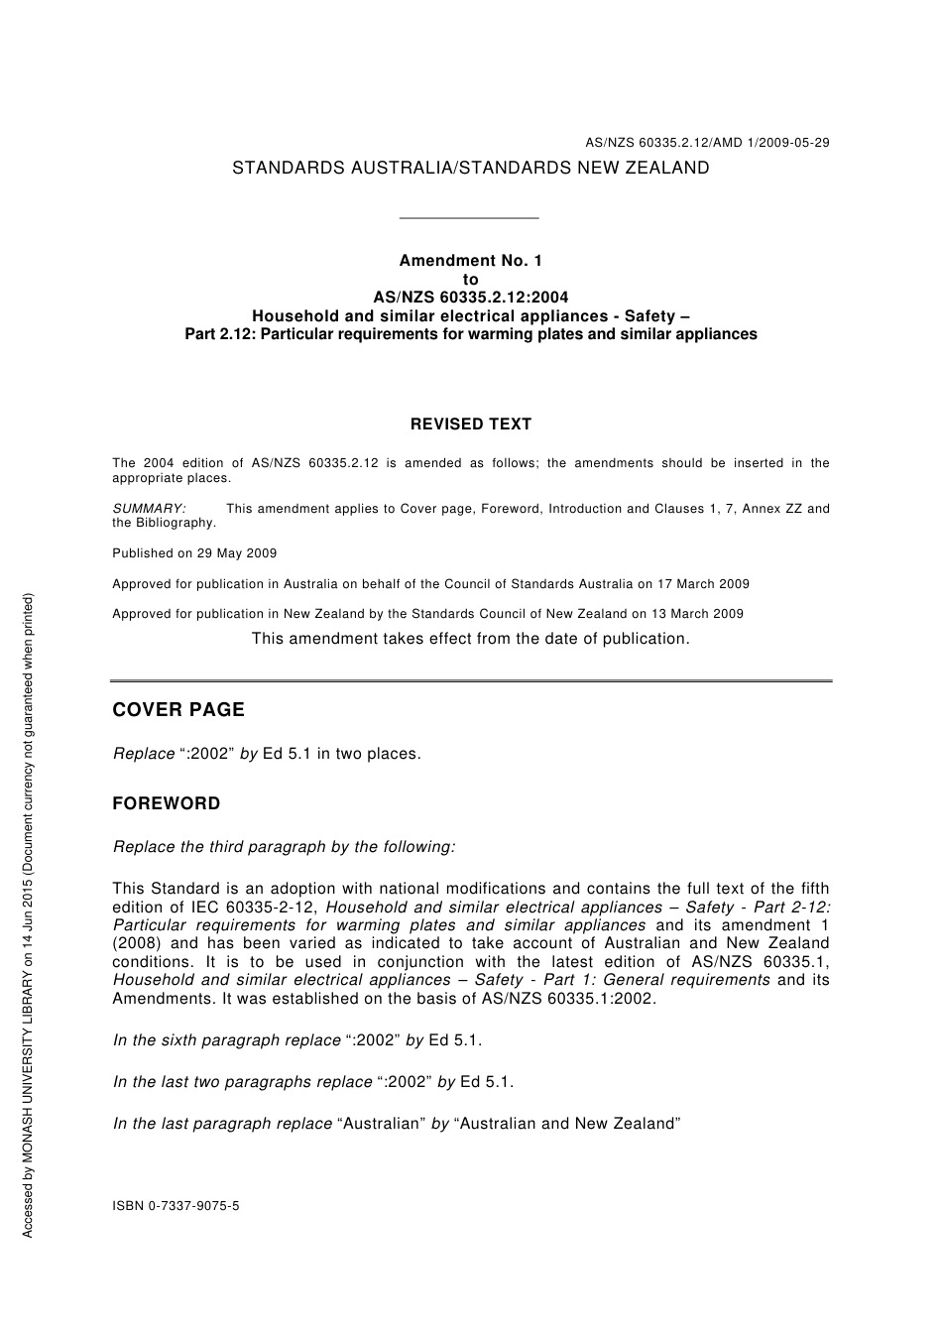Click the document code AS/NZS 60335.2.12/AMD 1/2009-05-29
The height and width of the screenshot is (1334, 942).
pos(706,143)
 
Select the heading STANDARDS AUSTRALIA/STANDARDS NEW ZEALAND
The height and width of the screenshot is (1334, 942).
pos(470,169)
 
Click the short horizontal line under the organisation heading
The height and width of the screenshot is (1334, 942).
pos(468,218)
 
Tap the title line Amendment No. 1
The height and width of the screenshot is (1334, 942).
pos(470,261)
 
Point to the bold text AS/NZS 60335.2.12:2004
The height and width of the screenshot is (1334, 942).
pos(470,298)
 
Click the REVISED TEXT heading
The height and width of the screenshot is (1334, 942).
pos(470,424)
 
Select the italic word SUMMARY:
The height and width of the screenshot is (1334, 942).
pos(149,509)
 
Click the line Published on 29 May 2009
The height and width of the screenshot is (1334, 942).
pos(194,553)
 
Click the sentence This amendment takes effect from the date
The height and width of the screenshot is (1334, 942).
pos(470,639)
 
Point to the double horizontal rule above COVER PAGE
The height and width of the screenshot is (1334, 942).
pos(470,681)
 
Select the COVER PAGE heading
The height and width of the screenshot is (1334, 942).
pos(178,710)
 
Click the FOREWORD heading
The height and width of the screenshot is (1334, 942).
pos(167,803)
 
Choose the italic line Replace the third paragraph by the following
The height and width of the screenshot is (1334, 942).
pos(285,847)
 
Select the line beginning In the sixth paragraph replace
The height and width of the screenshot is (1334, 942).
pos(297,1040)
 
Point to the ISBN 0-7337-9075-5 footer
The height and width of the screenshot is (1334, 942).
pos(176,1206)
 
